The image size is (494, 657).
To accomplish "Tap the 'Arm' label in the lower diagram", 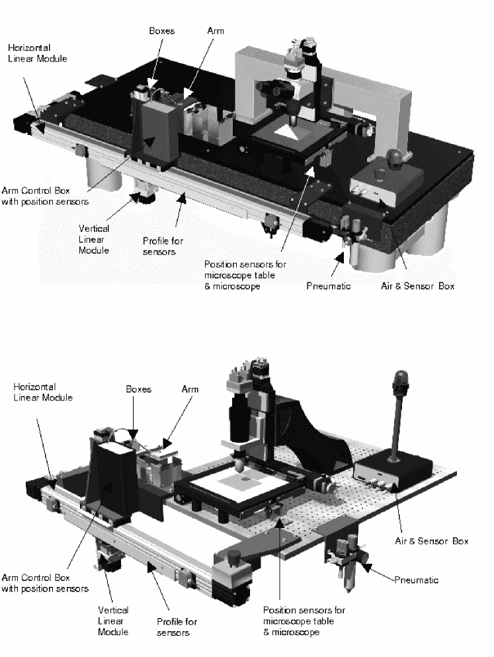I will (x=190, y=389).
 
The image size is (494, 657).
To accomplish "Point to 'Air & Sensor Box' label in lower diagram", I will (x=437, y=541).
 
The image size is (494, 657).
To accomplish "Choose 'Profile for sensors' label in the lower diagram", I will (x=177, y=627).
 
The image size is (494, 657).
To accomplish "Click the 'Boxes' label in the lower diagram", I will (x=138, y=389).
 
